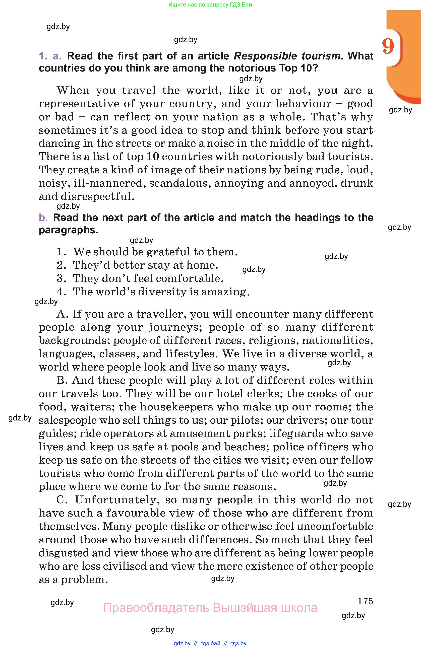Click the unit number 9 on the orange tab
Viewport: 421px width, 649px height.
tap(388, 46)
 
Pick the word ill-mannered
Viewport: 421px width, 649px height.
tap(108, 183)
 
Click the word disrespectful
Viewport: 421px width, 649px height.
tap(97, 196)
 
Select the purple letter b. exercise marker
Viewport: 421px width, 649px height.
tap(43, 218)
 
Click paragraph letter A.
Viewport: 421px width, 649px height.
tap(62, 314)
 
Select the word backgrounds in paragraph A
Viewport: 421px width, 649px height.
tap(74, 341)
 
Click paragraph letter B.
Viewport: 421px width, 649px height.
tap(62, 380)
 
